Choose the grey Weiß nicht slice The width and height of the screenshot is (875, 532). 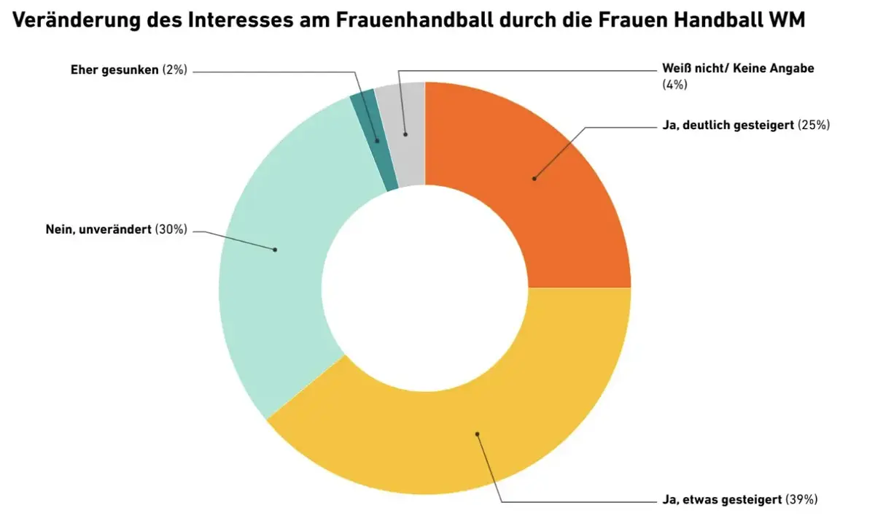coord(408,131)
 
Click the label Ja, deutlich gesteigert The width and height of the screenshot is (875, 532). coord(729,125)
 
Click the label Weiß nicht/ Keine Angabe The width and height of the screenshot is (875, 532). coord(737,69)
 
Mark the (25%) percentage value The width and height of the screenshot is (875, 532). coord(814,125)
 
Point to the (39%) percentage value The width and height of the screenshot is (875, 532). coord(802,500)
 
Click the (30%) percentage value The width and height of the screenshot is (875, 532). coord(171,230)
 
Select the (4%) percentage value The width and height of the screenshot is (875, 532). coord(674,84)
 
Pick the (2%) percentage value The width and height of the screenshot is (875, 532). coord(175,70)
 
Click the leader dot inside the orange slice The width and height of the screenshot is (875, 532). coord(534,177)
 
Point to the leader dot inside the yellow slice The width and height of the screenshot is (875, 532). coord(478,433)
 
